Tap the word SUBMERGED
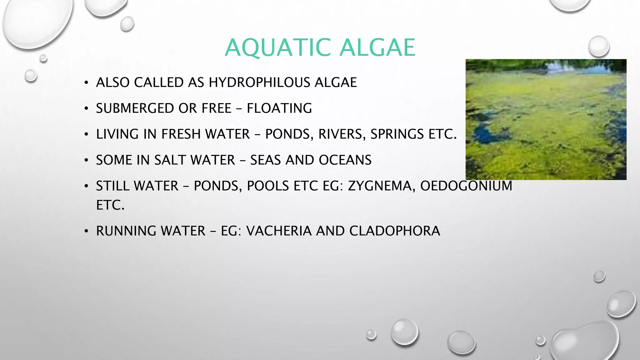coord(135,108)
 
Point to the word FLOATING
coord(279,108)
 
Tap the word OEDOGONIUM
coord(466,186)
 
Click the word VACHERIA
coord(279,231)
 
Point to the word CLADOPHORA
coord(394,231)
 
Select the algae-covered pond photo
coord(546,119)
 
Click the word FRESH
coord(181,134)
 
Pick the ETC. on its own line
coord(110,205)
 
